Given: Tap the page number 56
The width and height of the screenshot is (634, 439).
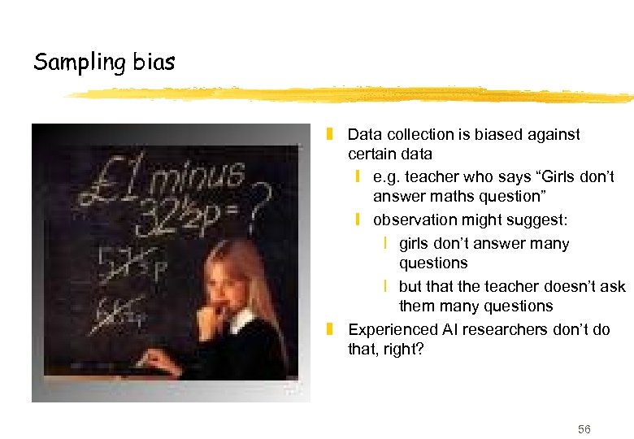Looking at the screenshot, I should [584, 428].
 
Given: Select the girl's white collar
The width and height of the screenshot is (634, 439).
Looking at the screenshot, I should [240, 320].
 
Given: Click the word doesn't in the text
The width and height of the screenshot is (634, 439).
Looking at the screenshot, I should [569, 286].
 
